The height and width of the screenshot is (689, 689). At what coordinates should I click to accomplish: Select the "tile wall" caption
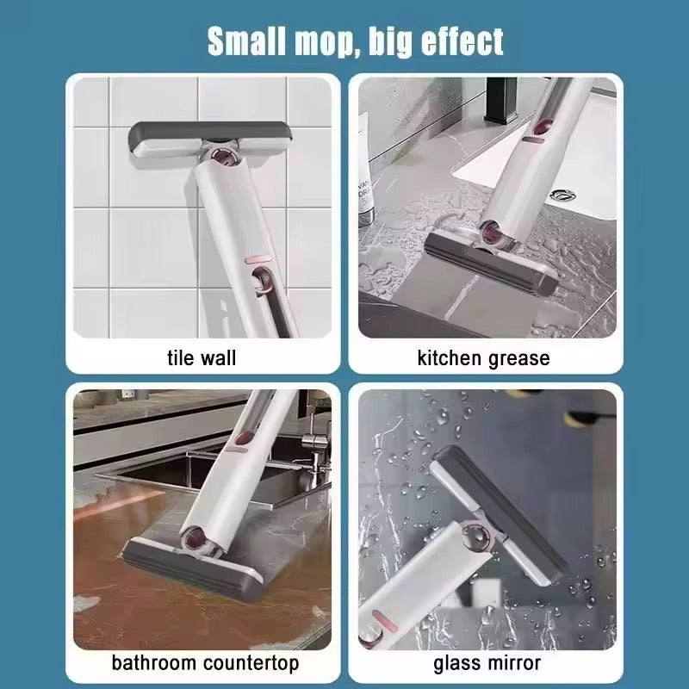202,357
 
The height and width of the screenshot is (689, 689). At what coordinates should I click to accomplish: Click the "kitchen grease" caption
483,358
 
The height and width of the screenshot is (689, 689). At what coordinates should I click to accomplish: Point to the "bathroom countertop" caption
205,662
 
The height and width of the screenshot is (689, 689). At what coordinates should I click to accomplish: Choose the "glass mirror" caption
487,663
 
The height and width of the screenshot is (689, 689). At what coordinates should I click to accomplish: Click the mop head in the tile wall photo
210,140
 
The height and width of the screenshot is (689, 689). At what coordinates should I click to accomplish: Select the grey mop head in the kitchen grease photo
491,263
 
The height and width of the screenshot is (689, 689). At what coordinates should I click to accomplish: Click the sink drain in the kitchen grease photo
562,195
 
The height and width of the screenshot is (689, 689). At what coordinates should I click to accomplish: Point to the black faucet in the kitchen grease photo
501,101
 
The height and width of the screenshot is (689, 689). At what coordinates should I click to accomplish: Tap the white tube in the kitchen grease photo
364,174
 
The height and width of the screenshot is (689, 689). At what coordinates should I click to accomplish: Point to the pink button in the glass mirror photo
381,619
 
